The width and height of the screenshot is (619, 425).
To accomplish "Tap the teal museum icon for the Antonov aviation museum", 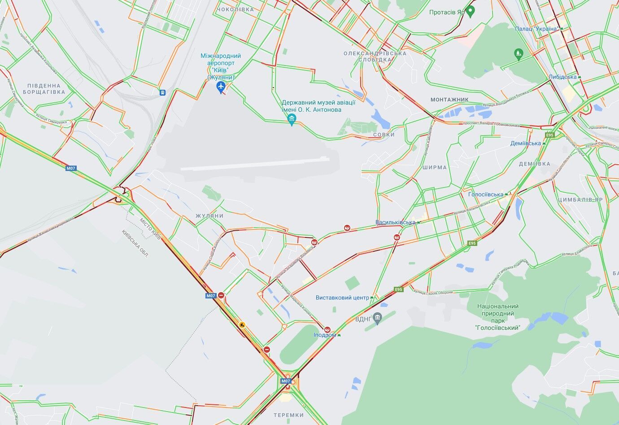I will point(292,119).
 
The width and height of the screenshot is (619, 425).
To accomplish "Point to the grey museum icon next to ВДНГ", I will point(378,319).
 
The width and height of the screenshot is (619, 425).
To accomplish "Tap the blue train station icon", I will point(162,92).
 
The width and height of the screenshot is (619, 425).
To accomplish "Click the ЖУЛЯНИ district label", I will point(209,216).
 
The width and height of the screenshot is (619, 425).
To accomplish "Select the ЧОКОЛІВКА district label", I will point(235,9).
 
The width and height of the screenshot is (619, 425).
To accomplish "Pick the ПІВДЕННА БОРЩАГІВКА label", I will point(44,89).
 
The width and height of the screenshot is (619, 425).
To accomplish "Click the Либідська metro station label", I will point(562,77).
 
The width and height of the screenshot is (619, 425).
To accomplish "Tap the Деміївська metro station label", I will point(526,144).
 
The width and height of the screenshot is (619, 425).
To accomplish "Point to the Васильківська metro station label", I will point(395,223).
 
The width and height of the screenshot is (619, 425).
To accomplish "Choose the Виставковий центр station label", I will point(342,298).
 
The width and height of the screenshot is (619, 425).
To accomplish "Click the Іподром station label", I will point(325,335).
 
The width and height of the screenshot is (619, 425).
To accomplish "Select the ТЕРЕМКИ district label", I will point(288,415).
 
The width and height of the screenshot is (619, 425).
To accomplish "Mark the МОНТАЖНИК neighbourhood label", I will point(449,100).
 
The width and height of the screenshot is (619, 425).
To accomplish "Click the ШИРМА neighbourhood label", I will point(434,167).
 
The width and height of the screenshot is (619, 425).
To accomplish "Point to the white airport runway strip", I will point(255,163).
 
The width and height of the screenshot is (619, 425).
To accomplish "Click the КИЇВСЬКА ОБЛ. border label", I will point(135,244).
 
